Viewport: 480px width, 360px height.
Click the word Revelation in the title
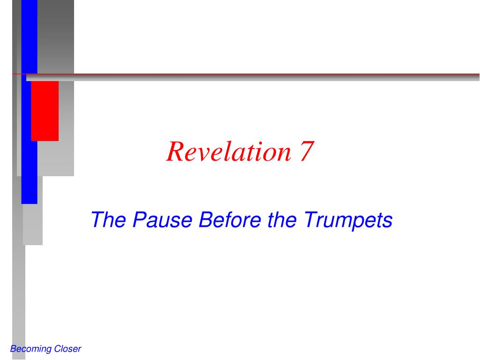tap(228, 151)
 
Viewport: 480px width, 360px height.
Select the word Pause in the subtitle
tap(163, 219)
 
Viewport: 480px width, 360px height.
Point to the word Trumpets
tap(348, 220)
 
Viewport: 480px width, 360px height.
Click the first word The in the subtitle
tap(108, 219)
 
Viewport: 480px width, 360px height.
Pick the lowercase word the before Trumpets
tap(282, 219)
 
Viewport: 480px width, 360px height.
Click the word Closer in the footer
tap(67, 349)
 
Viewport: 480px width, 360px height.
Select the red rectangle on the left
tap(45, 111)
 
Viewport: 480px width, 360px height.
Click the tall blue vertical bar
tap(29, 102)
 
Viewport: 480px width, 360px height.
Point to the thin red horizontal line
tap(246, 74)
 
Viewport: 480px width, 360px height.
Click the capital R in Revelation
tap(175, 151)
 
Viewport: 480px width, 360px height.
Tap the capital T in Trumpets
tap(311, 219)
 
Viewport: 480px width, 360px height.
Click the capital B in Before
tap(206, 219)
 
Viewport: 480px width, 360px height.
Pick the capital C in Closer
tap(57, 349)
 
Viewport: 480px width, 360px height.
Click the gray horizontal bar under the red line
tap(253, 78)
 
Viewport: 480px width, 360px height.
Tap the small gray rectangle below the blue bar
tap(33, 225)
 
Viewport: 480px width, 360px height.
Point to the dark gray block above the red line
tap(55, 37)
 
